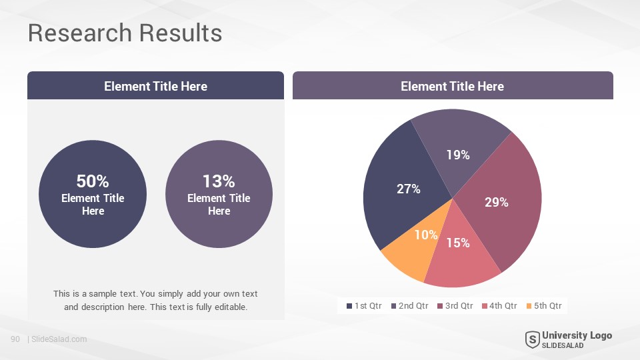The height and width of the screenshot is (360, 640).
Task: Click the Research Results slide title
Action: pyautogui.click(x=125, y=33)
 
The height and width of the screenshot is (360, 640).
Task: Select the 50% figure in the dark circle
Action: pyautogui.click(x=93, y=181)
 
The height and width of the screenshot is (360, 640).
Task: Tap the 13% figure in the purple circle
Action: pyautogui.click(x=219, y=181)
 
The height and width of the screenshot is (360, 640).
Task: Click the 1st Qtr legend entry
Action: pyautogui.click(x=364, y=306)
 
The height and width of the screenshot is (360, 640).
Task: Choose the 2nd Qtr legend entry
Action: pyautogui.click(x=410, y=306)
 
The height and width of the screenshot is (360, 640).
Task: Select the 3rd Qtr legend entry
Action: pyautogui.click(x=455, y=306)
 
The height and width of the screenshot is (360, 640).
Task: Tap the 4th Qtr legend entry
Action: pyautogui.click(x=499, y=306)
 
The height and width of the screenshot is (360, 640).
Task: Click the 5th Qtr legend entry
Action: pyautogui.click(x=544, y=306)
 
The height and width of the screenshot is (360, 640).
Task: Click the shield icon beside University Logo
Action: pyautogui.click(x=532, y=339)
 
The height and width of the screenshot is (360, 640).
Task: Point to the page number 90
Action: pyautogui.click(x=15, y=339)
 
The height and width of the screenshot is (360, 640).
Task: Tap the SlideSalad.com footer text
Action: pyautogui.click(x=59, y=339)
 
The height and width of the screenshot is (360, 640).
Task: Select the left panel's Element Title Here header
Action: pyautogui.click(x=155, y=86)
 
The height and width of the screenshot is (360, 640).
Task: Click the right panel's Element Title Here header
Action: pyautogui.click(x=452, y=86)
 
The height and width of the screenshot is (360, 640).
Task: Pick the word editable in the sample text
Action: pyautogui.click(x=231, y=307)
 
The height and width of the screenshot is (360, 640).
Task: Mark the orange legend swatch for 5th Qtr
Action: pyautogui.click(x=529, y=306)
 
